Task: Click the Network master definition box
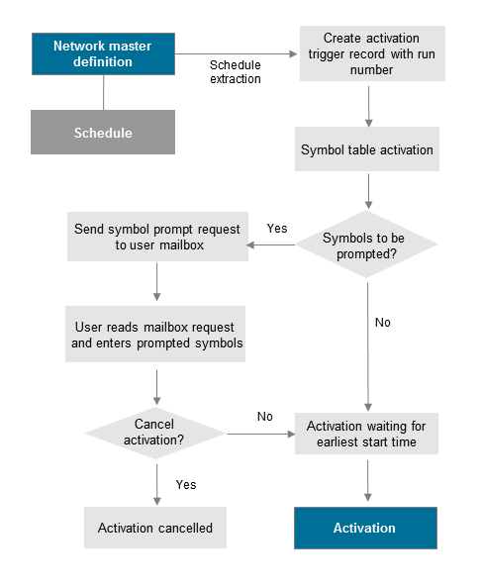click(103, 54)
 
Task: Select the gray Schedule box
click(103, 133)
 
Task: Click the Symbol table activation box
click(367, 151)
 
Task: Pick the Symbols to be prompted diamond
click(367, 244)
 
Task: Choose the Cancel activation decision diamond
click(154, 432)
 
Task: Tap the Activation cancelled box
click(155, 528)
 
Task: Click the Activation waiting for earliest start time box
click(367, 434)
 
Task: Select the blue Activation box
click(365, 528)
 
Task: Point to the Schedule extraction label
click(235, 71)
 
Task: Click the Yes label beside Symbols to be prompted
click(277, 229)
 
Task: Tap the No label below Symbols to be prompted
click(382, 323)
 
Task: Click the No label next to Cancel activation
click(264, 417)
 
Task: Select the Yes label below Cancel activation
click(185, 484)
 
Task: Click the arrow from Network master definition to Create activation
click(237, 54)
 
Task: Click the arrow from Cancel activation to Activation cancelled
click(156, 482)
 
